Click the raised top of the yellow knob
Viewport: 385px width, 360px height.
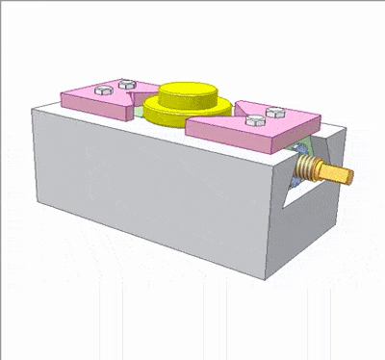click(189, 92)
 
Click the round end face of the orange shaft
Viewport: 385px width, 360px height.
click(350, 176)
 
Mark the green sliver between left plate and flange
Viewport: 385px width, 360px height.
click(141, 112)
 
